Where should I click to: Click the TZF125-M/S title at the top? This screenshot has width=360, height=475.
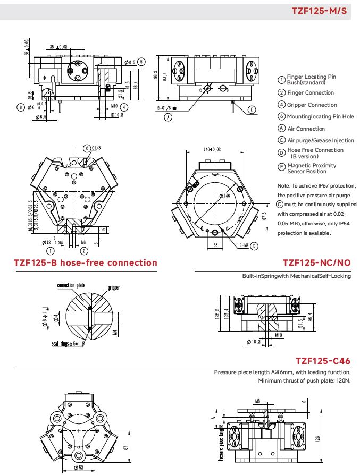click(320, 11)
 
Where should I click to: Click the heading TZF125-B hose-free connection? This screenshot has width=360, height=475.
click(86, 262)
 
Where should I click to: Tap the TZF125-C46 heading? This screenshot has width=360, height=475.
click(323, 361)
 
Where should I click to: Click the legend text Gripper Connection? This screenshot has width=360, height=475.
click(312, 105)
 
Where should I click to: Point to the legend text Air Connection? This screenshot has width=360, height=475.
click(306, 129)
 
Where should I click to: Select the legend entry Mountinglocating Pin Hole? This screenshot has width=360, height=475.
click(320, 116)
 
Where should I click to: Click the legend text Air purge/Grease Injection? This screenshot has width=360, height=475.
click(321, 140)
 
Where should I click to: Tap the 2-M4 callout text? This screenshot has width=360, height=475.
click(243, 245)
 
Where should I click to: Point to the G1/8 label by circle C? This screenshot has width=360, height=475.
click(96, 148)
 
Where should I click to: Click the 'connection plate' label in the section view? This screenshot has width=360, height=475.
click(71, 286)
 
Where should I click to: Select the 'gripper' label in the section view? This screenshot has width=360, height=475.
click(113, 287)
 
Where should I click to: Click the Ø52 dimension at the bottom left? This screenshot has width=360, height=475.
click(80, 468)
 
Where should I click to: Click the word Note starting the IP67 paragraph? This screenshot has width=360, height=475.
click(283, 186)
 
